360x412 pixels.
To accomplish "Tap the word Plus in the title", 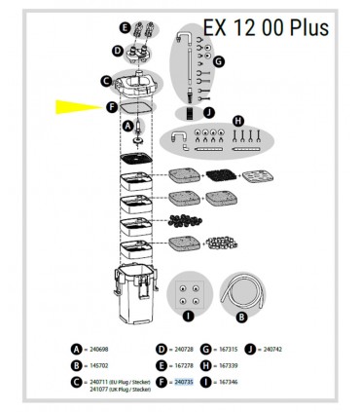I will point(301,26).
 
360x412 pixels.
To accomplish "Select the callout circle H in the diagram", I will point(237,120).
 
